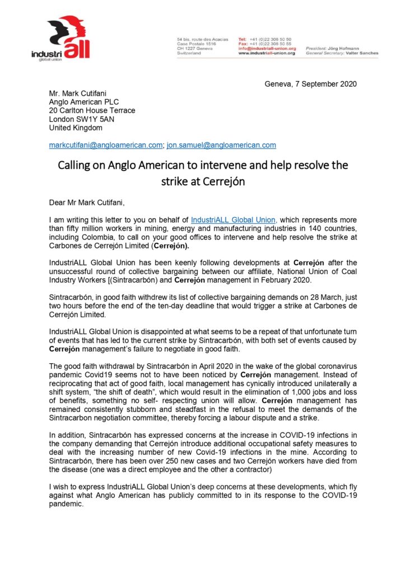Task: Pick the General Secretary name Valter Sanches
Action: click(360, 53)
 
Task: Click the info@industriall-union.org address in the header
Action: click(267, 49)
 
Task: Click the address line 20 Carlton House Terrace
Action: click(92, 110)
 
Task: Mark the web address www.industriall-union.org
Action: click(267, 53)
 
